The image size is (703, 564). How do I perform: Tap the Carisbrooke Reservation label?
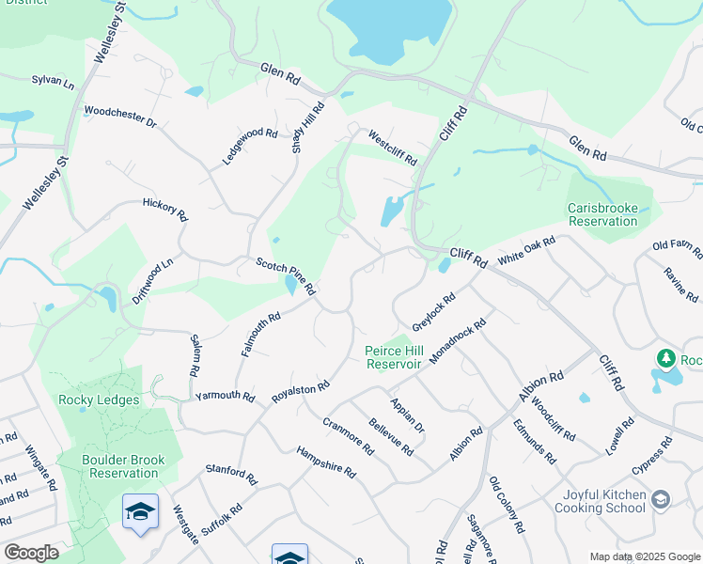click(x=602, y=214)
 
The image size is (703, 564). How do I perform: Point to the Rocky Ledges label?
click(x=99, y=399)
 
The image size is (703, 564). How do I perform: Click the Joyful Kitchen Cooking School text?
click(x=604, y=501)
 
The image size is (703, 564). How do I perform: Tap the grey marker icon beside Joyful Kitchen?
click(x=661, y=499)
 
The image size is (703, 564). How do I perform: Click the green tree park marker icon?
click(x=666, y=358)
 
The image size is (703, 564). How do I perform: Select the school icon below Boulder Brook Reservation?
click(x=140, y=512)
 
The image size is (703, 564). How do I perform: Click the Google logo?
click(x=31, y=553)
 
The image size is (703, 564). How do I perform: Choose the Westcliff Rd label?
click(x=392, y=148)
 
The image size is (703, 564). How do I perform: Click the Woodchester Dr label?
click(x=119, y=117)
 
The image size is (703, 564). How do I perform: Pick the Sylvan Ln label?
click(x=53, y=82)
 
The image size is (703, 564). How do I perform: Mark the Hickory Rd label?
click(x=165, y=209)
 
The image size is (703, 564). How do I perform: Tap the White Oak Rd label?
click(x=526, y=251)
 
